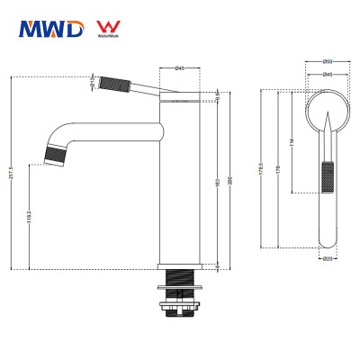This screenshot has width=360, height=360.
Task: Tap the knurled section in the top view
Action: [x=328, y=175]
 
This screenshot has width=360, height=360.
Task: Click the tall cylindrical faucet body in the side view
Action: [x=179, y=180]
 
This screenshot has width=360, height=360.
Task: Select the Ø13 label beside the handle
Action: [x=94, y=80]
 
